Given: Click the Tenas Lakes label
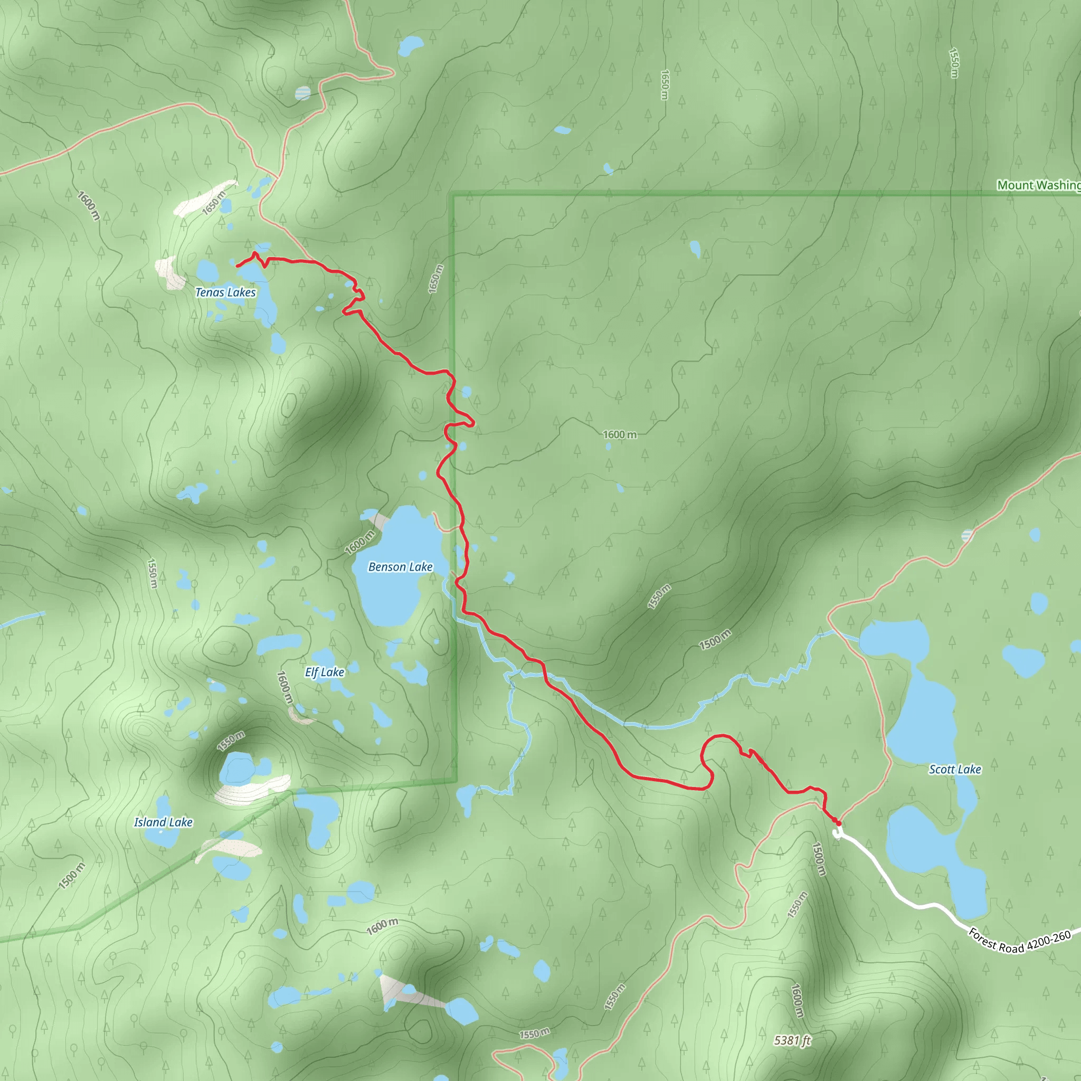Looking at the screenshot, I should click(x=225, y=292).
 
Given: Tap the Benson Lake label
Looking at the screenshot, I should click(x=400, y=567).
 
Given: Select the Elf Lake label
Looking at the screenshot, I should click(x=325, y=672).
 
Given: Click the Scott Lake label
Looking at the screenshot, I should click(x=954, y=770).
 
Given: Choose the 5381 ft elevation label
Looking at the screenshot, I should click(x=792, y=1040).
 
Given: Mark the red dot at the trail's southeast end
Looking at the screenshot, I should click(x=838, y=823).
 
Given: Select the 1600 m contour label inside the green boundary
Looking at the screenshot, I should click(x=619, y=435).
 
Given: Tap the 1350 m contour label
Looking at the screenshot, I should click(x=659, y=596).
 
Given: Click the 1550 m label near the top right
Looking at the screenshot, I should click(x=954, y=63).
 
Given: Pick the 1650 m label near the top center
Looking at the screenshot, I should click(x=665, y=84).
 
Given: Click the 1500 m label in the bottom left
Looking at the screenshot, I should click(x=72, y=876).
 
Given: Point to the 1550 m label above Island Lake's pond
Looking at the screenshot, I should click(x=231, y=741).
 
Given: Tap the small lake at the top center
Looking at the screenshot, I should click(x=411, y=46).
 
